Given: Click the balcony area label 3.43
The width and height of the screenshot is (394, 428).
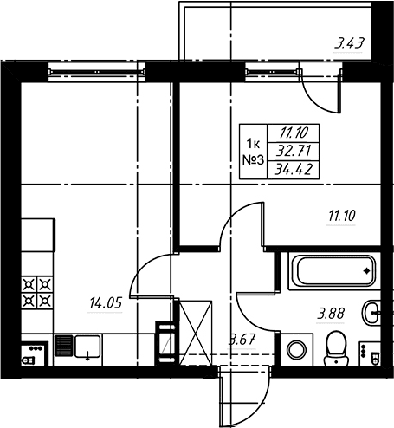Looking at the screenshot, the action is click(348, 43).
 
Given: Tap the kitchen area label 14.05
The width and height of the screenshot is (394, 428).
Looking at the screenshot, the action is click(106, 303).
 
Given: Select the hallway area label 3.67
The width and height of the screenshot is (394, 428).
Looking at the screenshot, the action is click(242, 340).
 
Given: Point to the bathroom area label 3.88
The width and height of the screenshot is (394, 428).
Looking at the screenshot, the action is click(331, 314).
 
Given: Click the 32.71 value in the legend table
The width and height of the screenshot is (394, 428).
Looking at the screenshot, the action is click(294, 151).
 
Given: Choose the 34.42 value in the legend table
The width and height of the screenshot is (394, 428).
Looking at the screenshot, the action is click(294, 170).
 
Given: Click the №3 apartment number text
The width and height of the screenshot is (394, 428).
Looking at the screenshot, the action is click(253, 160).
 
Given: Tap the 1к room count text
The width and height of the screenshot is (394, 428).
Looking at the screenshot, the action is click(253, 143).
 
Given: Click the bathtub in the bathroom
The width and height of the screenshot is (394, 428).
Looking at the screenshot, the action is click(334, 271).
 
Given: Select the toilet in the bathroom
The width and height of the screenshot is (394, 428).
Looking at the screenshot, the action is click(336, 348).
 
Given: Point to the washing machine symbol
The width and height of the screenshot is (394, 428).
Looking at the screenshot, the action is click(297, 349).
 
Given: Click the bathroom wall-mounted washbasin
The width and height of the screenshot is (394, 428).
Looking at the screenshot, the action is click(371, 313).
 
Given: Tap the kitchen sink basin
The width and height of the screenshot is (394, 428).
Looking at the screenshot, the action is click(87, 346).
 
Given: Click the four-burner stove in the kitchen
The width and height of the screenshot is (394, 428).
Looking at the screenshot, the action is click(37, 292).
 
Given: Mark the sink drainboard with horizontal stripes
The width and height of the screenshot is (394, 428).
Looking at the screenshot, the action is click(63, 346).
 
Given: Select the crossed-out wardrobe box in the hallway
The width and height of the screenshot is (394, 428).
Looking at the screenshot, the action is click(196, 333).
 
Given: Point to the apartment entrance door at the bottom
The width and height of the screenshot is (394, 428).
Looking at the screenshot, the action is click(244, 397).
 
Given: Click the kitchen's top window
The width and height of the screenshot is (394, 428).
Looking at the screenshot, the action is click(97, 72).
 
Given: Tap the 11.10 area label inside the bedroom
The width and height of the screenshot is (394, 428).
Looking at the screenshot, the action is click(342, 216).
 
